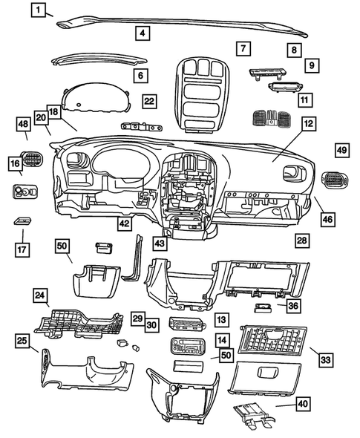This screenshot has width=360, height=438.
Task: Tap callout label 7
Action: tap(242, 48)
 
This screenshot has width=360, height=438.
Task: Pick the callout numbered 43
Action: tap(160, 242)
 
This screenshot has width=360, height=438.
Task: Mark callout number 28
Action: tap(301, 240)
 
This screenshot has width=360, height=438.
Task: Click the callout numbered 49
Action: tap(341, 150)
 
